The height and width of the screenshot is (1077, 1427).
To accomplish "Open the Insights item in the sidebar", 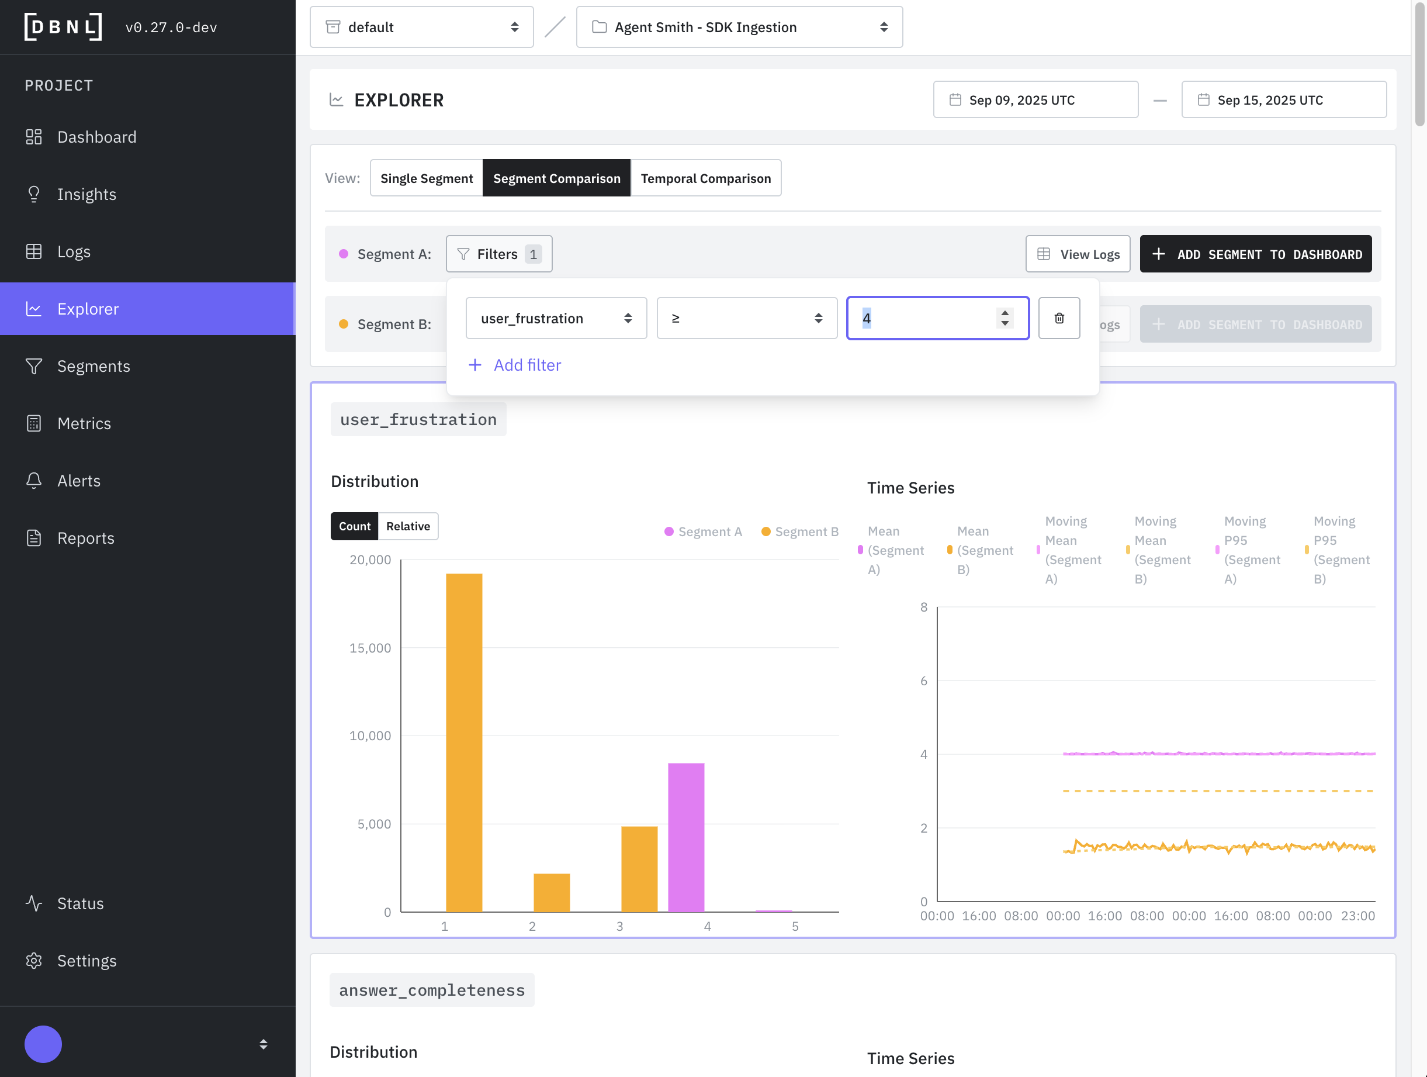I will click(x=86, y=194).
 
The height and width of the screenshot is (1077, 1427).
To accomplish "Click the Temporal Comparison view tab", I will click(x=705, y=178).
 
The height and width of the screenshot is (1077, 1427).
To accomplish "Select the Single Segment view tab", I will click(x=426, y=178).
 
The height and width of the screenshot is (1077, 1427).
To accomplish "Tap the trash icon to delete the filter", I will click(x=1059, y=318).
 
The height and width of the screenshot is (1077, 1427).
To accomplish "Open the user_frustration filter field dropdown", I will click(x=556, y=318).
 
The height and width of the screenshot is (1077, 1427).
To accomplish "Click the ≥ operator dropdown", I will click(x=746, y=318).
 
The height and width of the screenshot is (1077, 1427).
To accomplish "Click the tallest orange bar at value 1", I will click(x=464, y=742).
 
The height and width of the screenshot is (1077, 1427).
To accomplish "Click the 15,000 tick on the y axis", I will click(x=370, y=648).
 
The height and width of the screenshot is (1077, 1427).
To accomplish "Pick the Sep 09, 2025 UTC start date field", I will click(x=1035, y=100).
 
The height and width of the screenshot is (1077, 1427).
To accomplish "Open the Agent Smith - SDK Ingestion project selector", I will click(x=739, y=27).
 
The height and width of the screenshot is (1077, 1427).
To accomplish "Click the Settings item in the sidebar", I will click(x=86, y=961).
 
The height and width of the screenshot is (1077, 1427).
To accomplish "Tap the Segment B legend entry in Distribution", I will click(x=800, y=531).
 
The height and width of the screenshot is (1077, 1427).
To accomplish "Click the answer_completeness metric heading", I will click(x=432, y=990).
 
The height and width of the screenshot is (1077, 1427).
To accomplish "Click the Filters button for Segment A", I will click(x=498, y=254).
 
